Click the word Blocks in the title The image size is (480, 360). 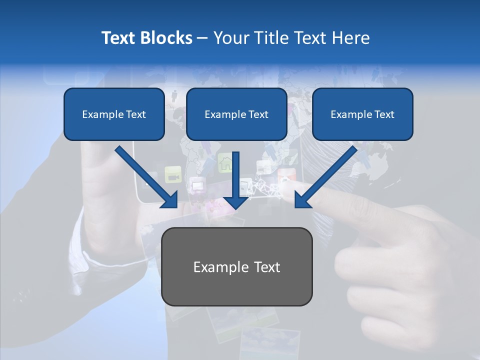click(167, 38)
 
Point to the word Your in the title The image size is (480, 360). click(229, 38)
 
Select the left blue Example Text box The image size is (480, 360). click(114, 114)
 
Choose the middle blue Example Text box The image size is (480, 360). click(236, 114)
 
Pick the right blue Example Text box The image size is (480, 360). click(362, 114)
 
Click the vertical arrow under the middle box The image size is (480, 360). click(236, 180)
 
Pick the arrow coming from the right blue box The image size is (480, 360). click(325, 177)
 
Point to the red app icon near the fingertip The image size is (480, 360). click(286, 176)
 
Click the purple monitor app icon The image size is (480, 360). click(196, 186)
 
